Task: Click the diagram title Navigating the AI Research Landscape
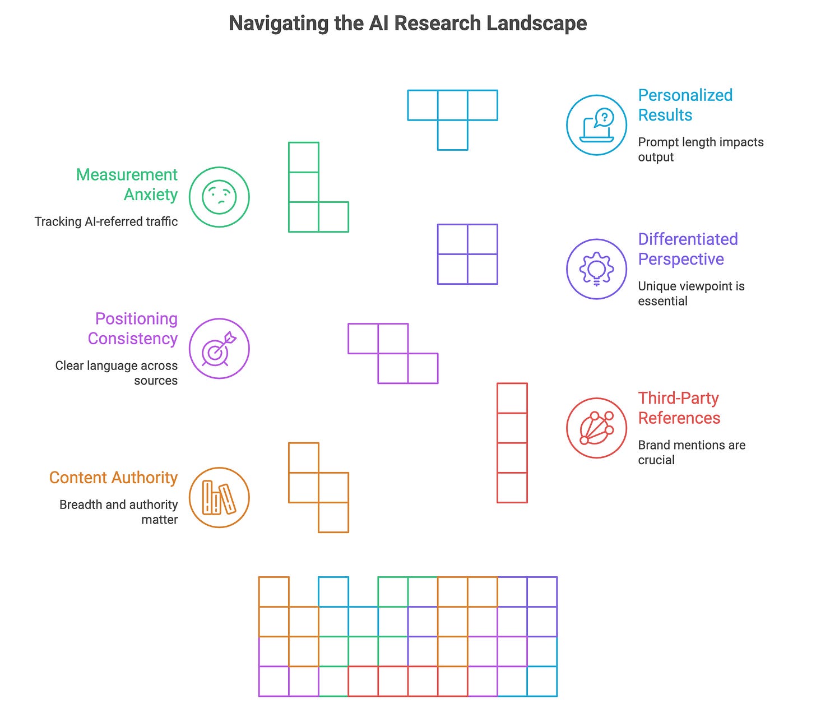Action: tap(408, 24)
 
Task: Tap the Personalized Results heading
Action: tap(685, 105)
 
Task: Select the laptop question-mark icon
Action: tap(596, 124)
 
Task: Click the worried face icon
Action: tap(219, 197)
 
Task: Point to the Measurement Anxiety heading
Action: tap(127, 184)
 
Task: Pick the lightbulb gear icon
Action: tap(596, 269)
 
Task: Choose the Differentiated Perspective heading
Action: tap(687, 249)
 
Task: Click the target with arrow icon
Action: tap(219, 349)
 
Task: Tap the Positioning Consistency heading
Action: tap(133, 328)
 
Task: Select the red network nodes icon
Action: tap(596, 428)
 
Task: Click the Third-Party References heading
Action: tap(679, 408)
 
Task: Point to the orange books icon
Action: tap(219, 498)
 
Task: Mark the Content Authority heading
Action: tap(113, 478)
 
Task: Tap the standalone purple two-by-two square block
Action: tap(467, 254)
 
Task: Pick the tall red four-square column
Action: tap(512, 443)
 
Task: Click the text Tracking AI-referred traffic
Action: tap(106, 221)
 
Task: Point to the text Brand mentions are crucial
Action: tap(691, 452)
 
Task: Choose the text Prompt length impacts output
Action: tap(700, 149)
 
